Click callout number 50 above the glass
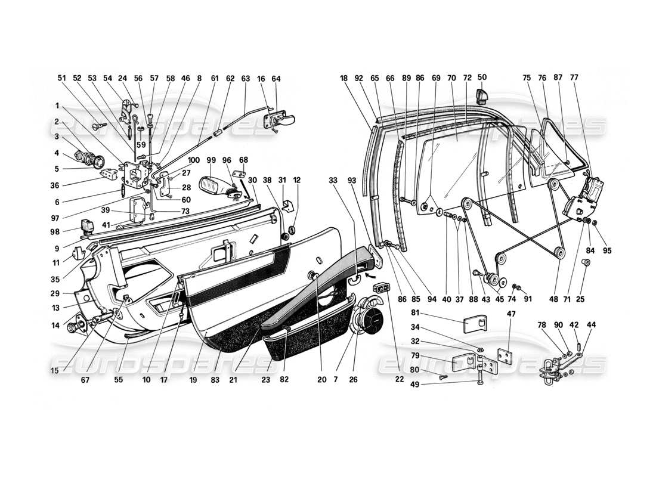[x=482, y=78]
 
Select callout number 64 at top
[x=276, y=78]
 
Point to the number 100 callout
[x=193, y=161]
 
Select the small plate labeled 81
[x=474, y=324]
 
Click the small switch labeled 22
[x=382, y=289]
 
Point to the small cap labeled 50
[x=481, y=94]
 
